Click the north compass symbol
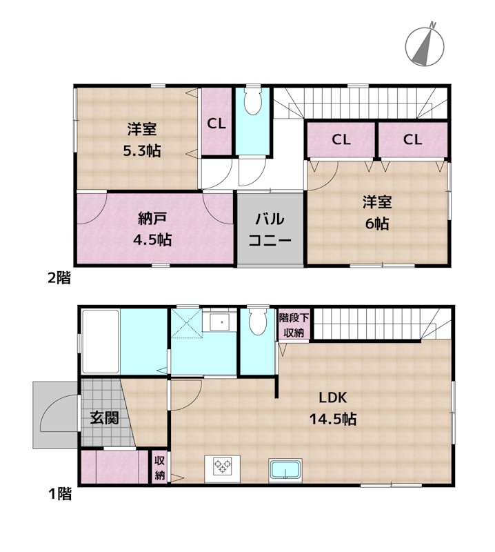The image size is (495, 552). click(422, 44)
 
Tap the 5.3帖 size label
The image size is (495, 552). click(141, 150)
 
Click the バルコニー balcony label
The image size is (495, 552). click(270, 230)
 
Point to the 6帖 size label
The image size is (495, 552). click(377, 224)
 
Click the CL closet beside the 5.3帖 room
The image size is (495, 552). click(216, 124)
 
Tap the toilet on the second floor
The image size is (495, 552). click(253, 103)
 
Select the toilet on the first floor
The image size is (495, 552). click(258, 321)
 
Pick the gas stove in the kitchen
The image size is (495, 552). click(223, 466)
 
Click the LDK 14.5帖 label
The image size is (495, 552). click(336, 408)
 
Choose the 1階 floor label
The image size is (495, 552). click(59, 493)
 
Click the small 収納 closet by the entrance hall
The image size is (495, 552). click(160, 467)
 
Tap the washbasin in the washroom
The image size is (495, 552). click(220, 321)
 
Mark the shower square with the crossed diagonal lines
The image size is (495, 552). click(186, 322)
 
